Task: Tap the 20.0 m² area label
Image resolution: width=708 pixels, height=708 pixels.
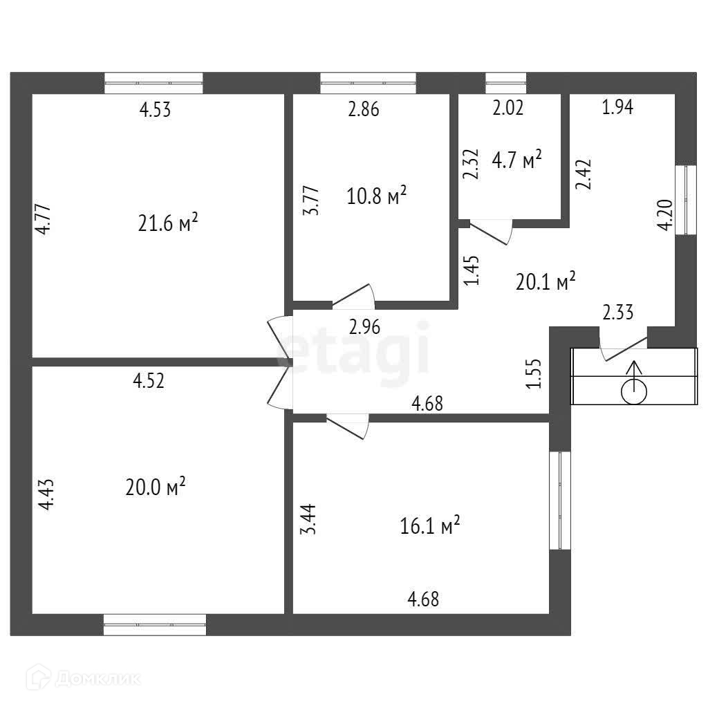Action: pos(156,487)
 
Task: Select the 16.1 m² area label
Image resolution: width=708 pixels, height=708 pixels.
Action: pos(430,527)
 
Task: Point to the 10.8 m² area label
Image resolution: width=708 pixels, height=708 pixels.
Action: pos(376,196)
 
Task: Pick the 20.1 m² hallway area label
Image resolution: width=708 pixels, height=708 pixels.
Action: pos(546,281)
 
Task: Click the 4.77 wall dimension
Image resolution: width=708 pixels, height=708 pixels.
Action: pos(43,219)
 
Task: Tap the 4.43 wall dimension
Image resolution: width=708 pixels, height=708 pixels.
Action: pos(44,495)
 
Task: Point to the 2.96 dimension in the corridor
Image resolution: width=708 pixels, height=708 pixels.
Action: pos(365,326)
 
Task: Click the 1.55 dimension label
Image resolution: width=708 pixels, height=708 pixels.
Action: pos(532,374)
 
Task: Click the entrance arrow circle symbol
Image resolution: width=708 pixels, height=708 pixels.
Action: pos(634,392)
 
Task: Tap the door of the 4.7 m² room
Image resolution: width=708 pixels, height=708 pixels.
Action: pos(492,230)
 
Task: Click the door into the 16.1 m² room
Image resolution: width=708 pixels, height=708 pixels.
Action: pos(348,425)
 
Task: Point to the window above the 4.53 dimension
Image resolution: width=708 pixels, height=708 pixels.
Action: pos(153,83)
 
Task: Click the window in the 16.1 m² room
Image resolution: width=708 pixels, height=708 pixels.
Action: pos(559,501)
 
